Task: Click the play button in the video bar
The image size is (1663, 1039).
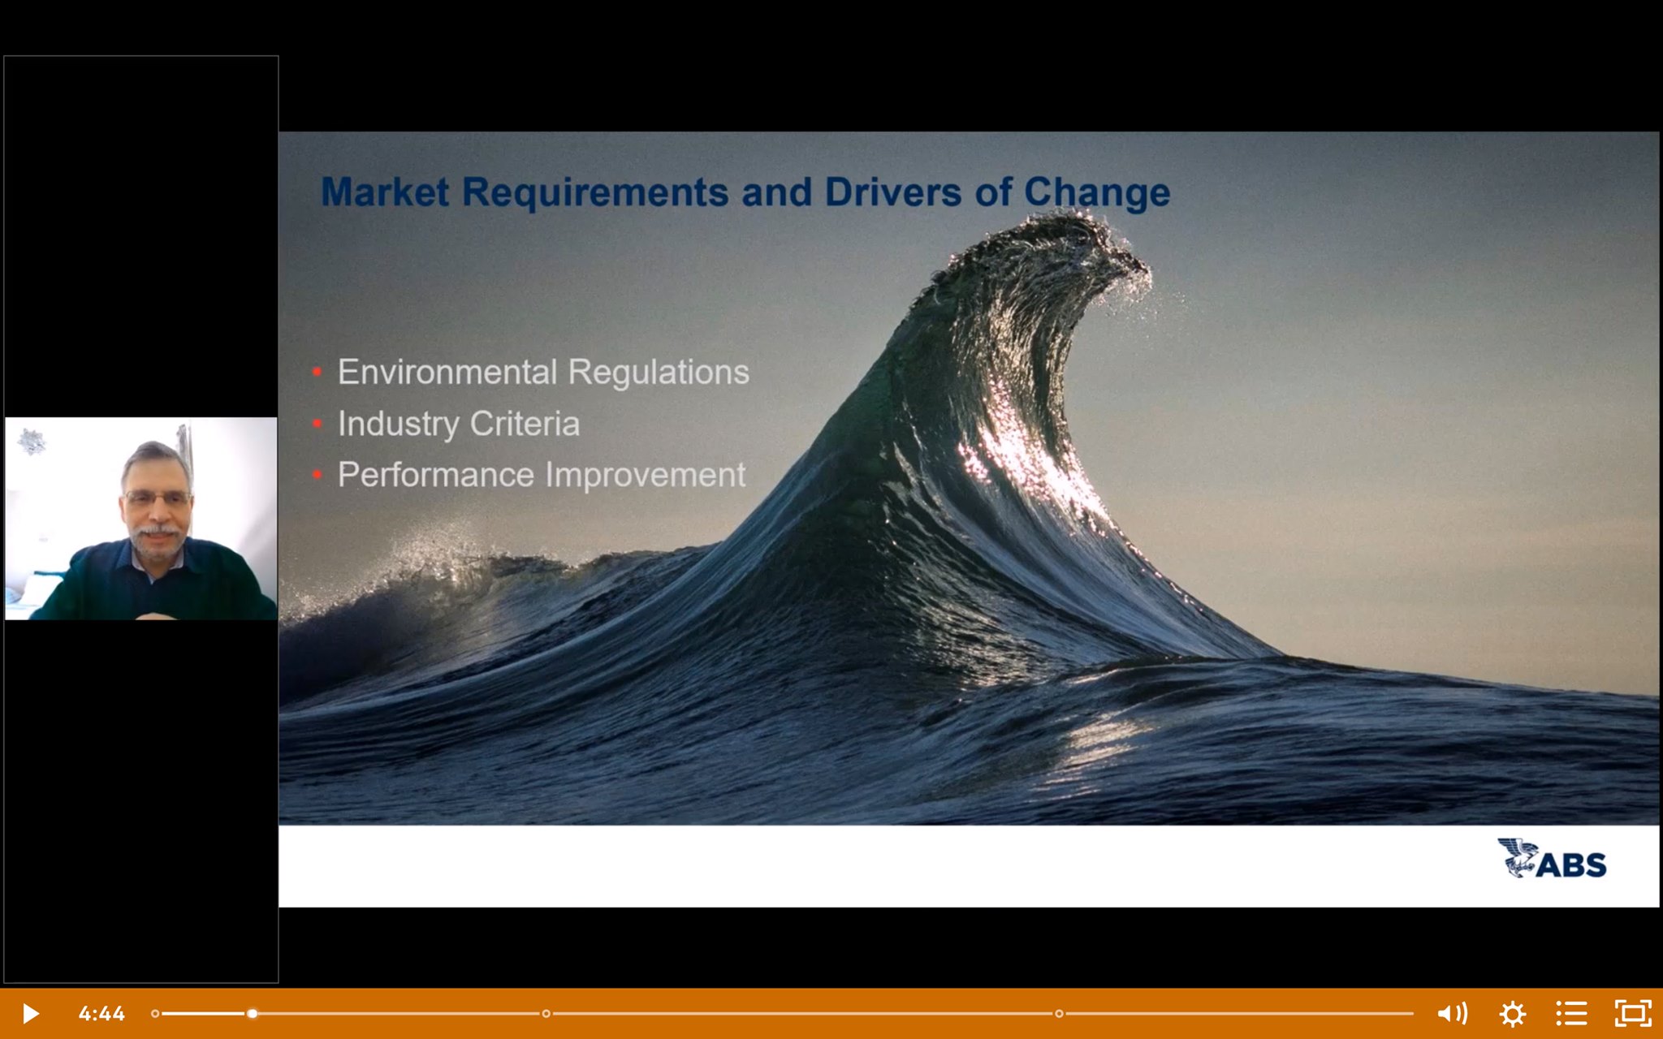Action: coord(30,1014)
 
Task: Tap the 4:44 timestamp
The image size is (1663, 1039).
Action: coord(102,1014)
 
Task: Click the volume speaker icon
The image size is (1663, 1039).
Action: coord(1452,1014)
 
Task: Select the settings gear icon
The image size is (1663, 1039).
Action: coord(1512,1014)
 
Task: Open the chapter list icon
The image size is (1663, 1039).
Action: coord(1571,1014)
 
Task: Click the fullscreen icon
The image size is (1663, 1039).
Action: coord(1633,1014)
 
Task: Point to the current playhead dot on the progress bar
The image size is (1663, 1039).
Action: coord(253,1014)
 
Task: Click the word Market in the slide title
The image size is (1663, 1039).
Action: coord(385,192)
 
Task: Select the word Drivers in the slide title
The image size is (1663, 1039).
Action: coord(893,192)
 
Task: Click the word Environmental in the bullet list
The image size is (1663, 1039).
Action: coord(447,372)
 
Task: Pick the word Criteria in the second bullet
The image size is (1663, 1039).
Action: coord(525,424)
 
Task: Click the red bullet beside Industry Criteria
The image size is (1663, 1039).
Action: coord(317,423)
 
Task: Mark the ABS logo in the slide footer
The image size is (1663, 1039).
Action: coord(1552,859)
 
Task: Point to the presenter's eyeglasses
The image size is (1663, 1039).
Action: coord(158,498)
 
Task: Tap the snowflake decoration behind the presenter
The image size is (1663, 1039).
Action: coord(32,442)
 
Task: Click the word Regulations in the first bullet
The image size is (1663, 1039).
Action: coord(659,373)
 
